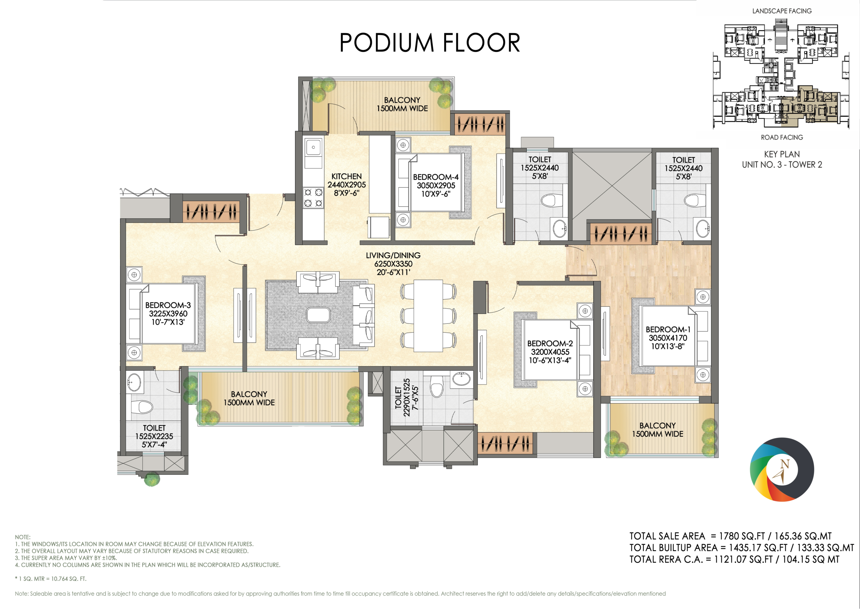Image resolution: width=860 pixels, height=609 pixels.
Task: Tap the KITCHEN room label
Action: coord(346,176)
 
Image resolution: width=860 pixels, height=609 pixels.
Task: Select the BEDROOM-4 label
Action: coord(436,177)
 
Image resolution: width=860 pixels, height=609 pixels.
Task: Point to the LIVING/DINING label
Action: coord(393,255)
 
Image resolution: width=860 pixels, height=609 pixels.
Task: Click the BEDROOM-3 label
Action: coord(168,305)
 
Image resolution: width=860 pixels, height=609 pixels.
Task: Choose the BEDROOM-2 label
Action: coord(550,343)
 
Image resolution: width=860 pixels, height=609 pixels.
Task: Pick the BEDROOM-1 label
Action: coord(668,330)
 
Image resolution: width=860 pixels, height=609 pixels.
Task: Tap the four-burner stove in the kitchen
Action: coord(313,198)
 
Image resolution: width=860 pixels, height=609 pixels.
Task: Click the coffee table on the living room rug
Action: coord(318,315)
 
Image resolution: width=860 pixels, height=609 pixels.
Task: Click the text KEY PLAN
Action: coord(782,154)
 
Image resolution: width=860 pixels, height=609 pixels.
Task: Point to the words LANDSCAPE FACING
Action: coord(782,11)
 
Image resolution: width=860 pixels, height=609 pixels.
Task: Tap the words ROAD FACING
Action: coord(782,138)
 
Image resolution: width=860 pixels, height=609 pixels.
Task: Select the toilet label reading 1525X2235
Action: coord(154,436)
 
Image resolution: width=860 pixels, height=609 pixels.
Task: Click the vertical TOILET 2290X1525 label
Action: coord(406,397)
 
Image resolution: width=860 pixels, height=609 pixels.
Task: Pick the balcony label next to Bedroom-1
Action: coord(657,430)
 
